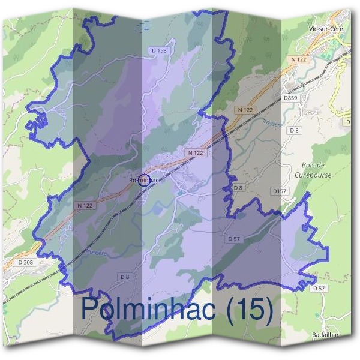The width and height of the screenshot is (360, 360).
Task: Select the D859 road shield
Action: point(290,97)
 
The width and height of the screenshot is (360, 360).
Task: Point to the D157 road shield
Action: point(279,191)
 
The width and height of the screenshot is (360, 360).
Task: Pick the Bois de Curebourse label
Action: point(313,170)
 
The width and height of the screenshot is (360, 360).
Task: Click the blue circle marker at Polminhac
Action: point(143,179)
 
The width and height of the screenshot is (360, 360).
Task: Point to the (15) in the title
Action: point(251,308)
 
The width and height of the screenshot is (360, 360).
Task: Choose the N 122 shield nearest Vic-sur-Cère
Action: point(298,59)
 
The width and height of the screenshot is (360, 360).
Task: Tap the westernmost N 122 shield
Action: point(85,205)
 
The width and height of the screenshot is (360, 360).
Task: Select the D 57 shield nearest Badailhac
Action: point(318,289)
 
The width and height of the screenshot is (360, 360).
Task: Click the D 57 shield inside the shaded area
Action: point(234,239)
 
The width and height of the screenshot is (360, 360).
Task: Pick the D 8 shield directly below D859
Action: point(293,130)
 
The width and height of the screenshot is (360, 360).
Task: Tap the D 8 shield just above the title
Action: point(124,277)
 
